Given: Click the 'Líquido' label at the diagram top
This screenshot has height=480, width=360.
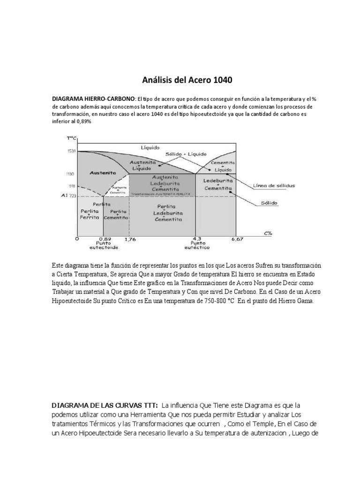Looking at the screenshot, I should (150, 147).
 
